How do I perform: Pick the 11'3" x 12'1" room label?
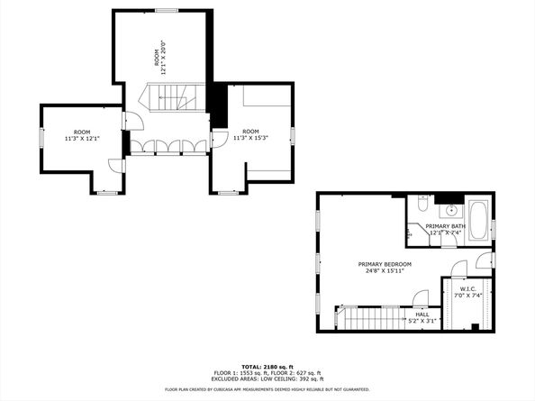coord(82,136)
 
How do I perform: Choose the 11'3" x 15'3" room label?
coord(251,136)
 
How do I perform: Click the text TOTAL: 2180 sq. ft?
coord(267,367)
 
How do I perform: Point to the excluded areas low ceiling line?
coord(267,379)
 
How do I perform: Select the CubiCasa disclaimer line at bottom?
coord(267,389)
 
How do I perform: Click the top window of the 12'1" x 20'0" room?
coord(167,11)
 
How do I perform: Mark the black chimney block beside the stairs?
coord(217,105)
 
